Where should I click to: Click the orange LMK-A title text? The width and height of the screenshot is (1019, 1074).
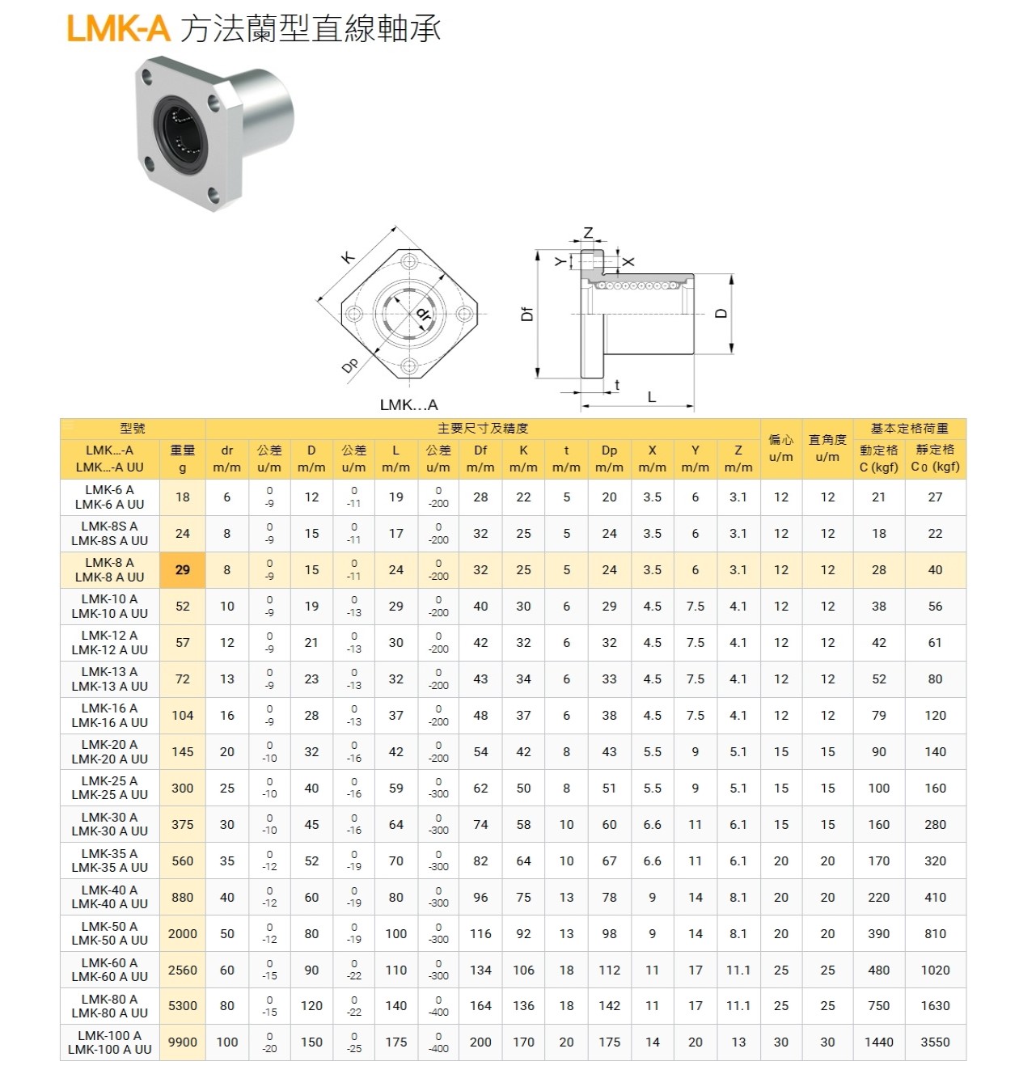click(x=118, y=29)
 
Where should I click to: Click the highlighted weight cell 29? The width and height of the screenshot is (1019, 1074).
click(x=183, y=570)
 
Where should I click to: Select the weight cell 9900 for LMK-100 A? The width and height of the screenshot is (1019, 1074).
click(x=183, y=1042)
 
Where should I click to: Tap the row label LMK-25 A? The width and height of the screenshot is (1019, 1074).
click(x=110, y=781)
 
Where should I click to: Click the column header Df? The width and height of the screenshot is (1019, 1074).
click(x=480, y=450)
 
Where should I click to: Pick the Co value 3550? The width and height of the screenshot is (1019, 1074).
click(x=935, y=1042)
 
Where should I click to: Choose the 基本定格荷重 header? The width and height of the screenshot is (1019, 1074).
click(x=909, y=429)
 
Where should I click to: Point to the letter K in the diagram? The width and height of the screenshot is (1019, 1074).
click(x=348, y=258)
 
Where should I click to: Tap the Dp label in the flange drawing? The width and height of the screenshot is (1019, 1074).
click(x=349, y=366)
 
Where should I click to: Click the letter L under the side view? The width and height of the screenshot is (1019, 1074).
click(x=651, y=397)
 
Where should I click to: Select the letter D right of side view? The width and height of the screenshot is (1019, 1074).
click(x=722, y=314)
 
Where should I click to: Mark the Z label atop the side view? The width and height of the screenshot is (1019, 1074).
click(x=588, y=233)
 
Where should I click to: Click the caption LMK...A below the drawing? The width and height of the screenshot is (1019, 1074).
click(x=408, y=405)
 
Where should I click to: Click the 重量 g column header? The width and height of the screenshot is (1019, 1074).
click(x=183, y=459)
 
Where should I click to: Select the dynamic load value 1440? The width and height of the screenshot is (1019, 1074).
click(x=878, y=1042)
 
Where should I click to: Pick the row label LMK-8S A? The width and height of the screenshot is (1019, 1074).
click(x=110, y=526)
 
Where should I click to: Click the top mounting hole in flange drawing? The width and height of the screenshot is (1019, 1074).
click(x=408, y=261)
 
